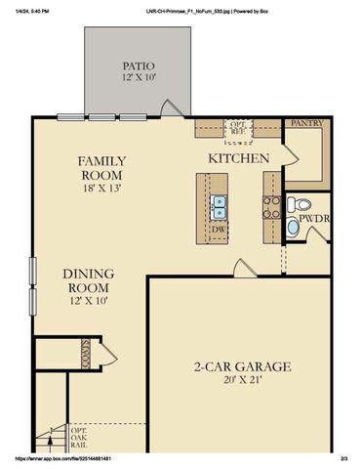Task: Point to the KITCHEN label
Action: [238, 157]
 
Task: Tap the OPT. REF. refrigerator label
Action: [237, 130]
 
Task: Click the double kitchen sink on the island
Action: [221, 208]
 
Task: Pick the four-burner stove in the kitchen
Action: [270, 206]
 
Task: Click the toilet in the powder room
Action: [298, 205]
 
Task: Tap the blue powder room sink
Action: [294, 227]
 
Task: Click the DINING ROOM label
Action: [89, 280]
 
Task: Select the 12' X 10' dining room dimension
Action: [89, 303]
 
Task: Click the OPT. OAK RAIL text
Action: [78, 438]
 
